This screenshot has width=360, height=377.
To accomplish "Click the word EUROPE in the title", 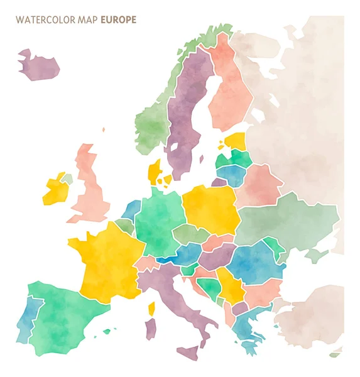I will pyautogui.click(x=118, y=19).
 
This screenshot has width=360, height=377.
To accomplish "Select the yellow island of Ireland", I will pyautogui.click(x=54, y=191).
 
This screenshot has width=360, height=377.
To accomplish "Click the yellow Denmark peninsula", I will pyautogui.click(x=153, y=170).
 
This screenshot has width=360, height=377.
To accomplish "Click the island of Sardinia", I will pyautogui.click(x=151, y=329).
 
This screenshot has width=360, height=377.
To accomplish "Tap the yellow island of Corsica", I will pyautogui.click(x=151, y=309).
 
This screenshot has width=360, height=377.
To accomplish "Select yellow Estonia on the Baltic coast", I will pyautogui.click(x=235, y=141).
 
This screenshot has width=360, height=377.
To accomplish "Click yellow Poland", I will pyautogui.click(x=210, y=208).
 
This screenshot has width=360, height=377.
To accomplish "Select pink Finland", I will pyautogui.click(x=230, y=88).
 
